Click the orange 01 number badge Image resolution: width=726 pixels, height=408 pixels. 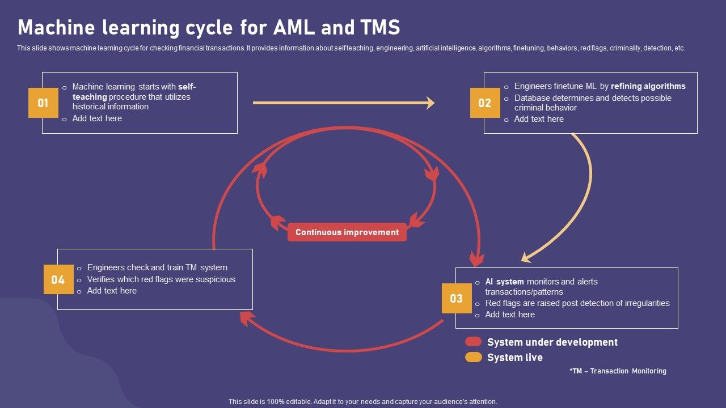[43, 103]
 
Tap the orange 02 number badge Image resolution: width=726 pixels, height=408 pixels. [485, 103]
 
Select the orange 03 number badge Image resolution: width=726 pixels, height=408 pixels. [457, 298]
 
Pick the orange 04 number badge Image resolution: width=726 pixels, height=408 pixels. [58, 279]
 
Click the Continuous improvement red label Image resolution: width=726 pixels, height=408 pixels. [347, 232]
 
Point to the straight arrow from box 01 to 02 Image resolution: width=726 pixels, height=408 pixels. [344, 103]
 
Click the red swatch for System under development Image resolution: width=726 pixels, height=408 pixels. [473, 342]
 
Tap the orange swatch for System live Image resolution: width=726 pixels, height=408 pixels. [473, 357]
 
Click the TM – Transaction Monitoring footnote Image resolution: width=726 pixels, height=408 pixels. [618, 371]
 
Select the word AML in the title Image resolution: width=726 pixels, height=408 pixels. [294, 27]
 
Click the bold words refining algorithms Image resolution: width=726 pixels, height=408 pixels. [648, 86]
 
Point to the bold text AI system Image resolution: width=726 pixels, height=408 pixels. [504, 282]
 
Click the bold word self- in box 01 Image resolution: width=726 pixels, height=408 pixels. [187, 87]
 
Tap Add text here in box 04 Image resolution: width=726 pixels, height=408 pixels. [112, 291]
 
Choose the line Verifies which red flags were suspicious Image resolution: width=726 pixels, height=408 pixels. [161, 279]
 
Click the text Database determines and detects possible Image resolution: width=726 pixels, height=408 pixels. [593, 98]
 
